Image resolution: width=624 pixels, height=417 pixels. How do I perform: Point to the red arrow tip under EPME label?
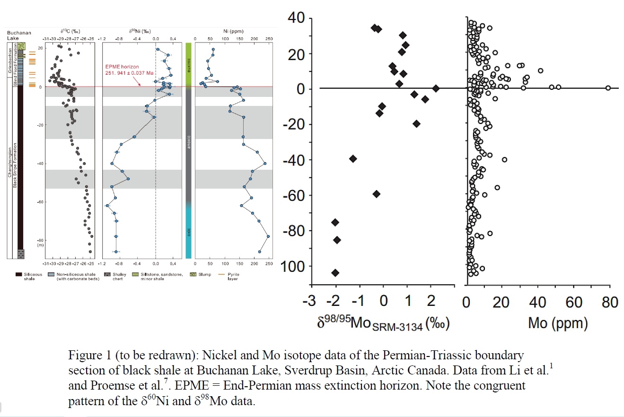click(141, 86)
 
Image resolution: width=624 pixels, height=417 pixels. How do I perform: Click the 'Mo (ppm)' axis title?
click(558, 324)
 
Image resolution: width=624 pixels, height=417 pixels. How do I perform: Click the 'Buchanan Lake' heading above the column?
click(19, 36)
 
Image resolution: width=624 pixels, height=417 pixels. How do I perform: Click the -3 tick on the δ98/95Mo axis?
click(311, 302)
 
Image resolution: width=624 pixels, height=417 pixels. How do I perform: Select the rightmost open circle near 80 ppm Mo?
click(608, 88)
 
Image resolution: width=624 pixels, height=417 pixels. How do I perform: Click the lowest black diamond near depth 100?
click(335, 273)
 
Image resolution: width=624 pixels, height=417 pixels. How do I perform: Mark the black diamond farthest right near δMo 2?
click(436, 88)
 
